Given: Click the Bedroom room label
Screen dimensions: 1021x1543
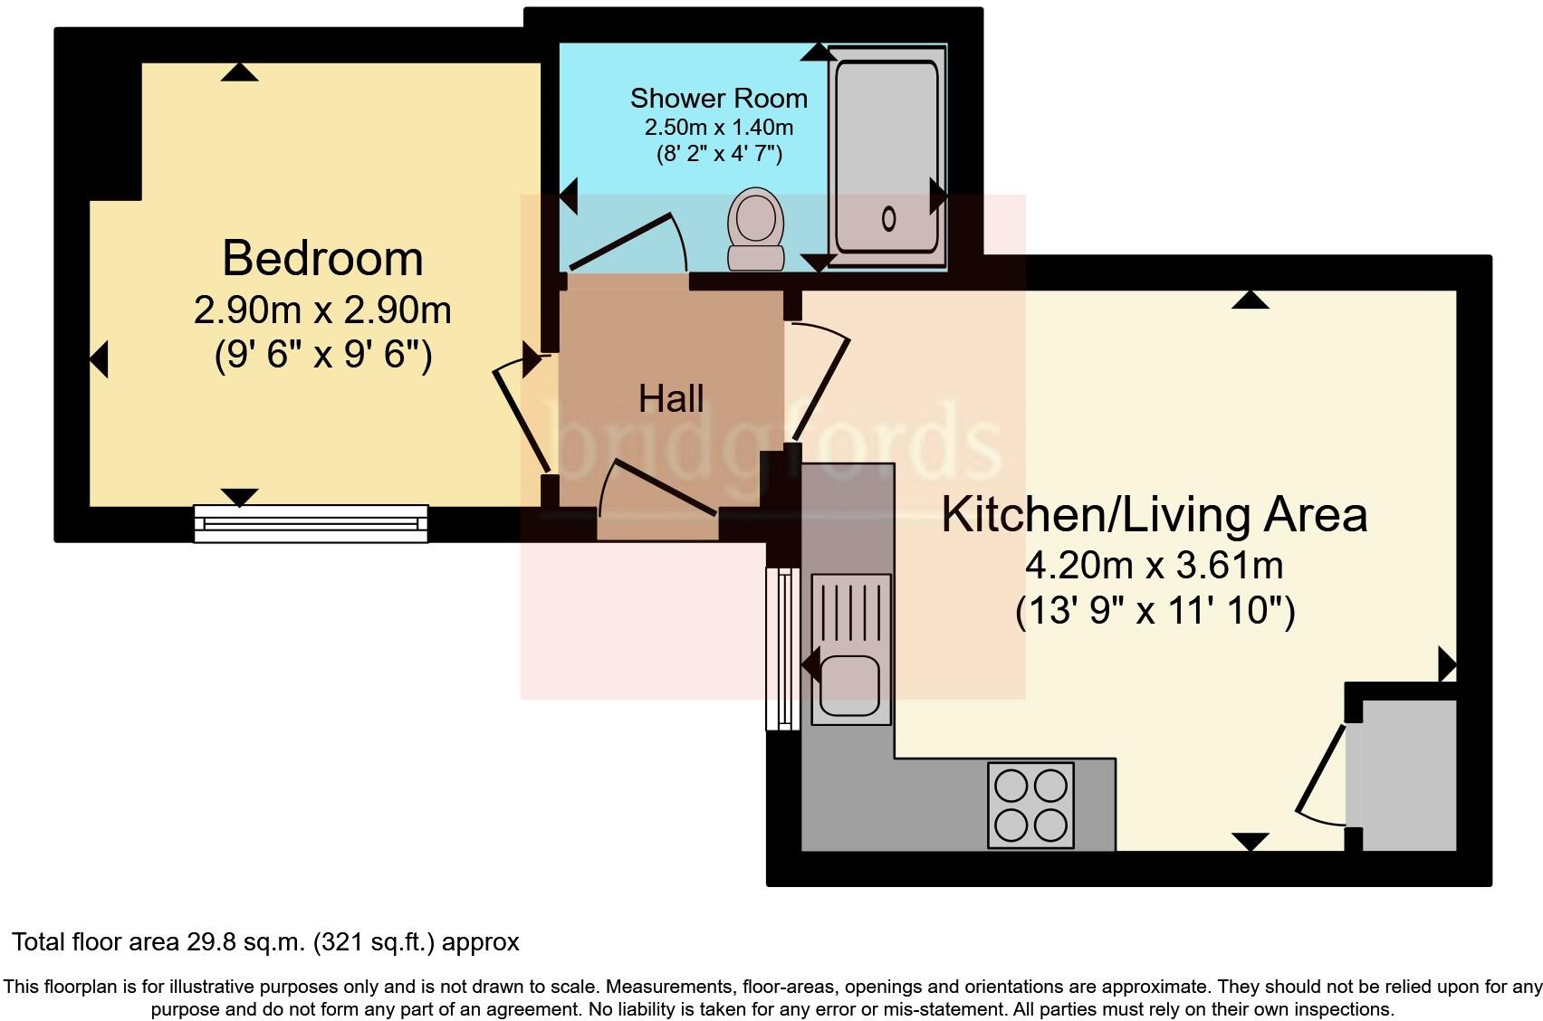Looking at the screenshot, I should [x=322, y=259].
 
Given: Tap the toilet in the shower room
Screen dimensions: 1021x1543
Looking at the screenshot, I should [x=755, y=227].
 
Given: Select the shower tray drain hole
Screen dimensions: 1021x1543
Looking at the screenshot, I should [x=888, y=218].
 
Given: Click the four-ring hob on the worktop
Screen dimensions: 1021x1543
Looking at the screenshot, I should [x=1030, y=805].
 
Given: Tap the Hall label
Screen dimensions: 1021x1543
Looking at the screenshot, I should [x=671, y=398].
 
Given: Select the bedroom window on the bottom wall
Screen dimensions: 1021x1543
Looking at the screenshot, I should [x=311, y=524].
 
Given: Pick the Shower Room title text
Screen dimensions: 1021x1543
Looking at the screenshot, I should [x=718, y=98].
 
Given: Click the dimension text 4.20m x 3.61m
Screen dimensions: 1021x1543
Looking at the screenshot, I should [x=1154, y=566].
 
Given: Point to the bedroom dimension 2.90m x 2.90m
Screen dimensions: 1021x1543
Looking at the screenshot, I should [x=322, y=310].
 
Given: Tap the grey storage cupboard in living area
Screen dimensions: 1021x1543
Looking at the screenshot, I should [x=1409, y=775].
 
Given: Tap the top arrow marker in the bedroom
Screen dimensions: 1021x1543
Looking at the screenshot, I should [x=239, y=72].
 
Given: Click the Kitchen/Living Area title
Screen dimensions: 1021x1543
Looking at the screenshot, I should [x=1154, y=514].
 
